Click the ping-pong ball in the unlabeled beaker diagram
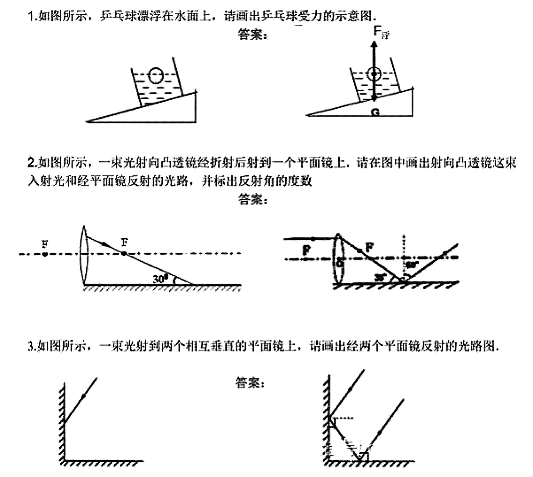coord(156,76)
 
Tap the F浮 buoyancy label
coord(381,32)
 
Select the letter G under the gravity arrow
coord(375,112)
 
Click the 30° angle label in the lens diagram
coord(161,279)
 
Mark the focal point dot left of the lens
coord(45,254)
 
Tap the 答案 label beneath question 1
coord(252,35)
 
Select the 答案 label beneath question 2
coord(253,199)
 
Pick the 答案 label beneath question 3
coord(250,382)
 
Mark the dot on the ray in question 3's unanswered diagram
coord(84,396)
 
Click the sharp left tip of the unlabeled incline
coord(87,121)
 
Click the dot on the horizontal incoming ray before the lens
coord(313,239)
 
